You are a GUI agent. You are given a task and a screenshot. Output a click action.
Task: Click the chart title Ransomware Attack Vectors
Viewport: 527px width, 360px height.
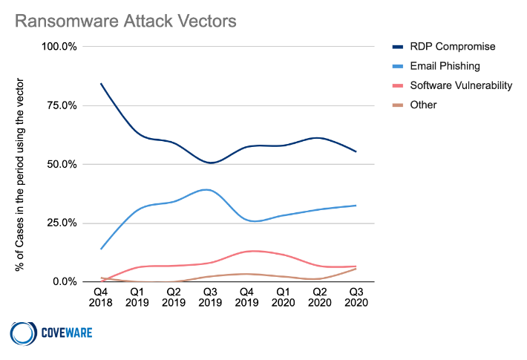coord(126,20)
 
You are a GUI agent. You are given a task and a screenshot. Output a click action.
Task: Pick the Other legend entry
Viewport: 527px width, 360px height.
coord(423,105)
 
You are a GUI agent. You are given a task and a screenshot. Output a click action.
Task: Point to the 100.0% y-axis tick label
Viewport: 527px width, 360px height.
coord(58,47)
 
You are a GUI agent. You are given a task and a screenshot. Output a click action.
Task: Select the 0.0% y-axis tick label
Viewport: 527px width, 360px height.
coord(63,281)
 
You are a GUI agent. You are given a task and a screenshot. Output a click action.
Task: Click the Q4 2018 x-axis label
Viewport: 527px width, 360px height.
coord(101,298)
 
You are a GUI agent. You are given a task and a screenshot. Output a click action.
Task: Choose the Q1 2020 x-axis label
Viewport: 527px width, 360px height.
coord(284,298)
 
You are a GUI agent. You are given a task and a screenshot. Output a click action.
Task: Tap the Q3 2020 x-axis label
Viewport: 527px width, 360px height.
coord(356,298)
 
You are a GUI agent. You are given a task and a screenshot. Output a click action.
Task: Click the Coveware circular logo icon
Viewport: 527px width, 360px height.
coord(23,333)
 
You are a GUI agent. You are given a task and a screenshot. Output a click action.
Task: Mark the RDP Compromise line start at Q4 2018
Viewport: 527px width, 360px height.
coord(101,83)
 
